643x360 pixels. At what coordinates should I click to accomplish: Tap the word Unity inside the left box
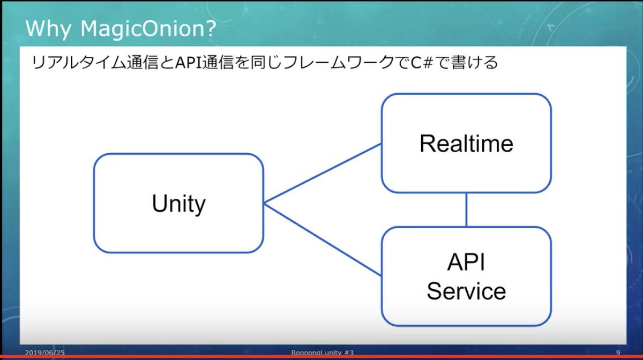point(178,204)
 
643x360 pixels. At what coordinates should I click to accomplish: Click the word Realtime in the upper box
point(466,144)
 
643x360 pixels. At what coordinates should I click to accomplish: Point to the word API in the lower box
point(466,263)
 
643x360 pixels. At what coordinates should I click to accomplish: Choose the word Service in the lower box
point(466,291)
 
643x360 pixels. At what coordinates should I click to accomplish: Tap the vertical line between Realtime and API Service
point(466,209)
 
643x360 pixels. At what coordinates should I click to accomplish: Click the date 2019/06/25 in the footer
point(45,352)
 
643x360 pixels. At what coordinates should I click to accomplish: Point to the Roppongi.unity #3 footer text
point(322,352)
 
